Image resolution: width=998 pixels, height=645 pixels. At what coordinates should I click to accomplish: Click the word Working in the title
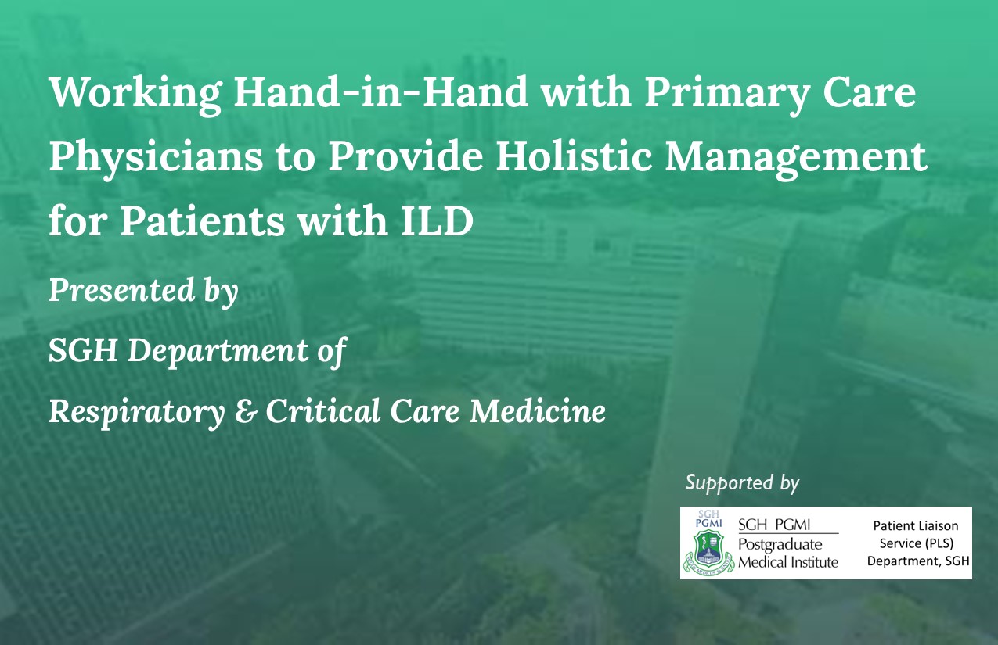click(135, 95)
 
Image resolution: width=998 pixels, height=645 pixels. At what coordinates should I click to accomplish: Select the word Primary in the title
click(726, 95)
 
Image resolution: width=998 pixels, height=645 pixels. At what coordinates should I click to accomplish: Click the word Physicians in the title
click(156, 158)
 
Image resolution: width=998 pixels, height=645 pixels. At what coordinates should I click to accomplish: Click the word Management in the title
click(796, 159)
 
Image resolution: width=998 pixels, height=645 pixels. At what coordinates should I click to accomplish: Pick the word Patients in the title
click(202, 220)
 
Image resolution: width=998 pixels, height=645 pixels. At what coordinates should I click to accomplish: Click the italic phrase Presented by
click(143, 291)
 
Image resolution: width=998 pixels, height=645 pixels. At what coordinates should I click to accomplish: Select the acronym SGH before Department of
click(83, 350)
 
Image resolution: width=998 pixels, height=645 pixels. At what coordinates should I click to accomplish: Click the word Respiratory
click(137, 412)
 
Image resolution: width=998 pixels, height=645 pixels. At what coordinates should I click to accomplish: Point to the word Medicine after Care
click(538, 410)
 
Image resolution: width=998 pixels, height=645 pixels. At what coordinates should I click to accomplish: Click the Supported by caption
click(742, 483)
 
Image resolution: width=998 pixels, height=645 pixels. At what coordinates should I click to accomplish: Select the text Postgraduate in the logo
click(780, 544)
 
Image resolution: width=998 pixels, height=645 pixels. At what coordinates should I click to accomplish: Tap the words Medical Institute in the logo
click(788, 562)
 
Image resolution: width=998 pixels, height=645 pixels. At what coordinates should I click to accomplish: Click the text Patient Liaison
click(916, 525)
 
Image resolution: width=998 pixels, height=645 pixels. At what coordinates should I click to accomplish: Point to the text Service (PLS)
click(917, 543)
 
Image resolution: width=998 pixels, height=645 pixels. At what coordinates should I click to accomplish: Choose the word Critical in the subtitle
click(323, 410)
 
